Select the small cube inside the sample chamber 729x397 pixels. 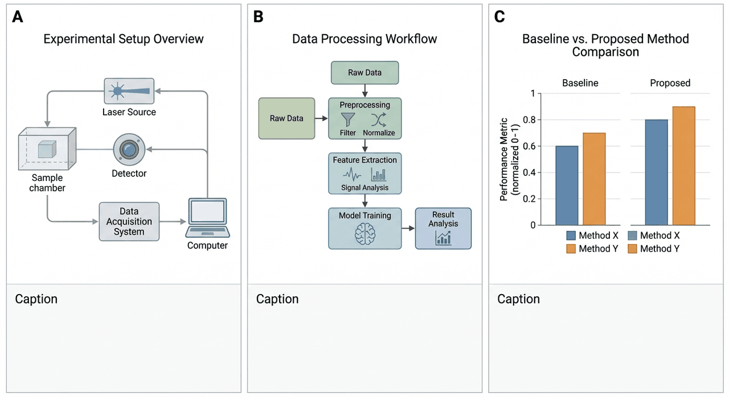[x=45, y=150]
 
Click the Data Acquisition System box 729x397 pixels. [x=129, y=221]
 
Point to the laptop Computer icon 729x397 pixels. [x=207, y=218]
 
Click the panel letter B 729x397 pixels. [x=258, y=16]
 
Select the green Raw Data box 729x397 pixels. [x=286, y=118]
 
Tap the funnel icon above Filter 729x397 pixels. [x=347, y=119]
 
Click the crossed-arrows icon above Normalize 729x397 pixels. [x=379, y=119]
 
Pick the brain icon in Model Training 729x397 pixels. [x=364, y=234]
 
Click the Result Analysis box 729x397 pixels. [x=443, y=228]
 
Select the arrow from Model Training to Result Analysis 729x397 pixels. [x=408, y=229]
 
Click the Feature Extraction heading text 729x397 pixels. [x=364, y=160]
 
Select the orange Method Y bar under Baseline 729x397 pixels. [x=594, y=179]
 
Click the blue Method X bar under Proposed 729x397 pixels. [x=657, y=172]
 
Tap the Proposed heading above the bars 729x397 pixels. [x=670, y=83]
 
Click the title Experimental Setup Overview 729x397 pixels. [x=124, y=39]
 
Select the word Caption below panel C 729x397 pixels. [x=518, y=299]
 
